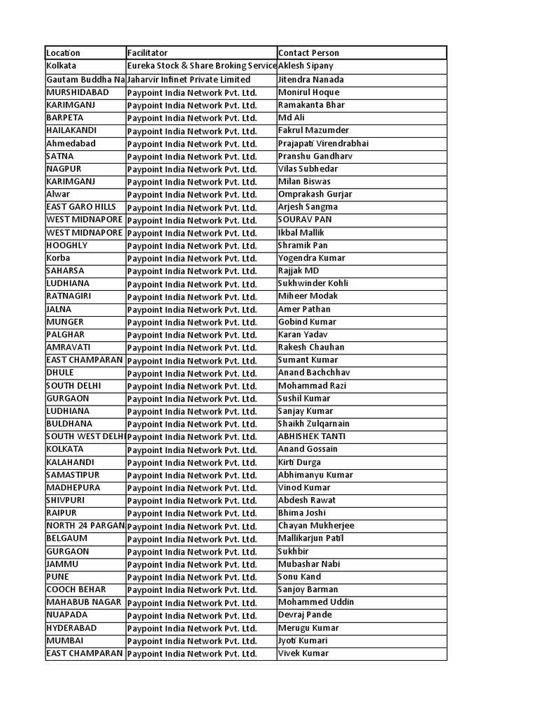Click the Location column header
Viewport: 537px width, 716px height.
(x=64, y=53)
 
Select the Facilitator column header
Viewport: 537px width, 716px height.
(x=148, y=53)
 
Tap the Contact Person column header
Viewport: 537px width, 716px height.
(x=308, y=53)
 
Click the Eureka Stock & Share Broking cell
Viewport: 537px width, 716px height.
(x=201, y=66)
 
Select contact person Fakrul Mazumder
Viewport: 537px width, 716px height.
(x=313, y=130)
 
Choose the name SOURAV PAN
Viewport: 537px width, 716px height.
(x=305, y=220)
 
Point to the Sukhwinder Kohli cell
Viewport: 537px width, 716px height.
(x=313, y=283)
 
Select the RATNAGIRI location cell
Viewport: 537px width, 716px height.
(x=69, y=296)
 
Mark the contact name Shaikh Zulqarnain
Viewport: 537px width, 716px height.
(x=314, y=424)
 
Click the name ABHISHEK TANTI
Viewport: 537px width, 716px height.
(x=312, y=436)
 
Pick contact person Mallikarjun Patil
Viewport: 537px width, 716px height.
(x=310, y=538)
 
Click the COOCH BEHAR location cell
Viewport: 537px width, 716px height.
(x=76, y=589)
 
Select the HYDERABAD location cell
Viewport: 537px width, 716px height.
(x=71, y=628)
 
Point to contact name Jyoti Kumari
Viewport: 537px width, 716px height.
(x=303, y=640)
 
